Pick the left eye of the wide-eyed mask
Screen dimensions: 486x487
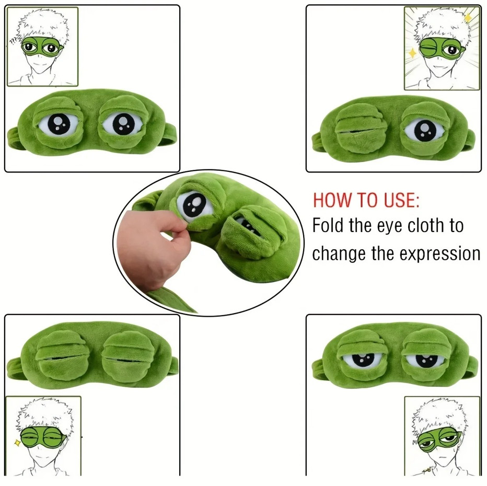tap(57, 124)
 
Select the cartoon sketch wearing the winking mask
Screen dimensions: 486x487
tap(442, 48)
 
